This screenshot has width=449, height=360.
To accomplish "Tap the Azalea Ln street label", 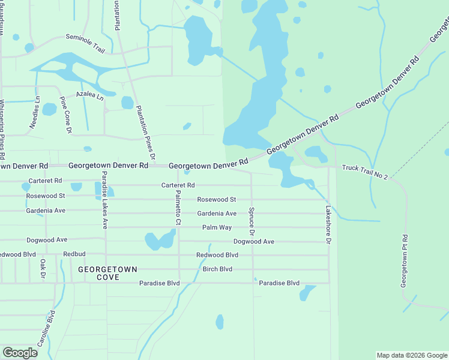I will [89, 95].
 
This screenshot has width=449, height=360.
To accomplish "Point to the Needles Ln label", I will [34, 113].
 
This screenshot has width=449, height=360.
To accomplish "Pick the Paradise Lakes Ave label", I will [104, 200].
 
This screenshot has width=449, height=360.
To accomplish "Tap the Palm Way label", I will [217, 227].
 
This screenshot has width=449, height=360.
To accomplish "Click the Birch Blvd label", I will [217, 269].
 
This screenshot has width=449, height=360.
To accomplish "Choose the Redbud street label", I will [74, 254].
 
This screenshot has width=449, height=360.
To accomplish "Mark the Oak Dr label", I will [43, 268].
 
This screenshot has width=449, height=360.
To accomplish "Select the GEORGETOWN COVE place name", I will [107, 274].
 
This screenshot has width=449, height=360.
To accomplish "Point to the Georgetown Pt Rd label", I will [405, 259].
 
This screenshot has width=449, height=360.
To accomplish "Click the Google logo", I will [20, 353].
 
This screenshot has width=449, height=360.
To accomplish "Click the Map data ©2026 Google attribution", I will [411, 355].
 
